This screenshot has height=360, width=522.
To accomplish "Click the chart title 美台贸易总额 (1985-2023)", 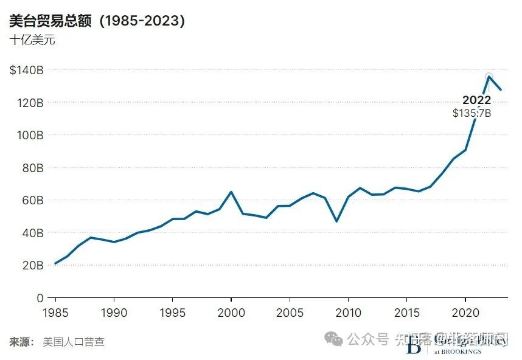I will coord(97,21).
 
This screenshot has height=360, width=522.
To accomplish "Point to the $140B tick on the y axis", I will coord(26,70).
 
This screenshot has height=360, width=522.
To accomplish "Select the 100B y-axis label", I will coord(29,135).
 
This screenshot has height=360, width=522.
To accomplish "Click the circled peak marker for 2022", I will coord(489,77).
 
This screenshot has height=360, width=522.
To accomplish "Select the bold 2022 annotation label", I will coord(476,100).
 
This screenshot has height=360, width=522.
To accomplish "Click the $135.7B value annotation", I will coord(472,113).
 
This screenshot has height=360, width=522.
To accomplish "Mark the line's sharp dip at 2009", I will coord(336,221).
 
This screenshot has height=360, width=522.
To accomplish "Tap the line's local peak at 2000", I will coord(231,192).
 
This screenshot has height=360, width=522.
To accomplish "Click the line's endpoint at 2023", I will coord(501,90).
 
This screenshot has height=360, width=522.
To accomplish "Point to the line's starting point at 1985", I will coord(55,263).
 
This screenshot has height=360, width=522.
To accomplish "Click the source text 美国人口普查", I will coord(74,342).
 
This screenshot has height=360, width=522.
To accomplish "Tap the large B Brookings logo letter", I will coord(414,345).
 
